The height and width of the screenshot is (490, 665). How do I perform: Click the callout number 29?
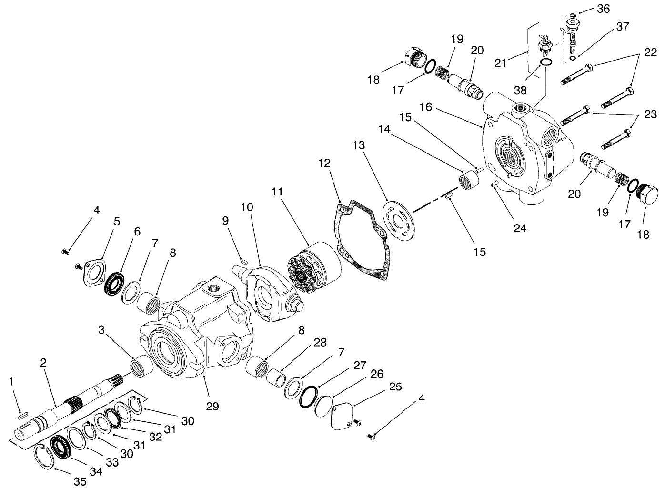(212, 406)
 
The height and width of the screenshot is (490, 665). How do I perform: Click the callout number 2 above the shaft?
(43, 363)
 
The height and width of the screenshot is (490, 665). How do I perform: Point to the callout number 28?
(320, 343)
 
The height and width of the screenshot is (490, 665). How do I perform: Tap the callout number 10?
(247, 207)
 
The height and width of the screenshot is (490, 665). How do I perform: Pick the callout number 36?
(604, 9)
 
